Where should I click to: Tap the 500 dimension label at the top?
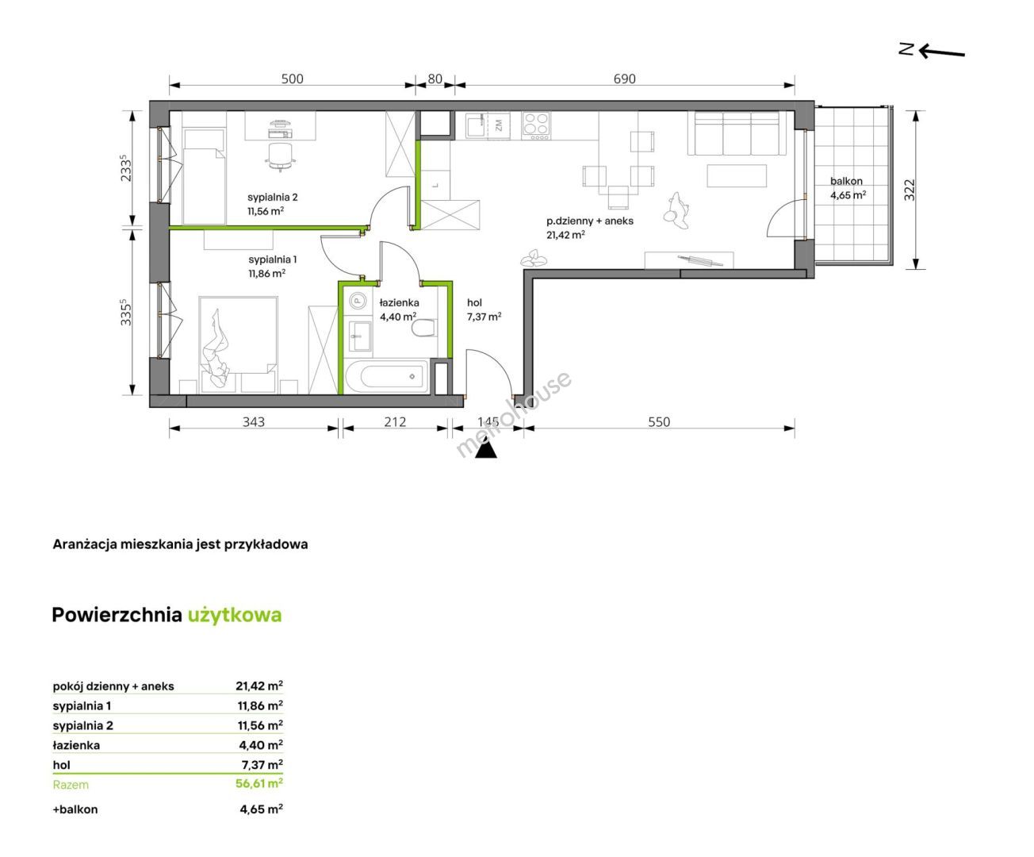coord(292,79)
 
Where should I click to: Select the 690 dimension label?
coord(625,79)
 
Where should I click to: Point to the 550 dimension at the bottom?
coord(659,422)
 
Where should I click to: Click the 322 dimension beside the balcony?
coord(910,190)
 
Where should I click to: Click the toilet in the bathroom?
coord(424,328)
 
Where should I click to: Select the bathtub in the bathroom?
coord(386,376)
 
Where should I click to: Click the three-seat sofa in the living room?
coord(737,133)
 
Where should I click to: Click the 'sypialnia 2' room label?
coord(272,198)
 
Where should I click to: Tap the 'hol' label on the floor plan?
coord(474,303)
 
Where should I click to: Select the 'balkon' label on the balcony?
coord(846,182)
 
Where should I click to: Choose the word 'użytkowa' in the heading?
coord(235,615)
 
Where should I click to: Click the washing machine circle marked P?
coord(358,301)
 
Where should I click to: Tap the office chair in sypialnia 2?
coord(280,156)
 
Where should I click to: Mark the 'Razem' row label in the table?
coord(71,785)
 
